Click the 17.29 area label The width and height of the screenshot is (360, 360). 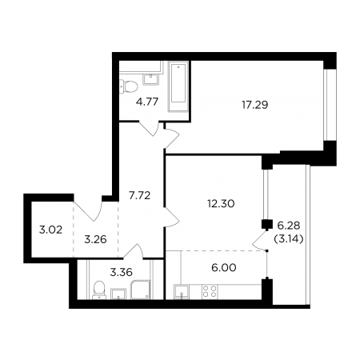(254, 105)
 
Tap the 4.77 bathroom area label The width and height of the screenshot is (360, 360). (147, 102)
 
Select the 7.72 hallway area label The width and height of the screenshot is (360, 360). (139, 196)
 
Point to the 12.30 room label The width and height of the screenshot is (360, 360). (221, 204)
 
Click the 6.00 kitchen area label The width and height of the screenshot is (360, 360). (224, 268)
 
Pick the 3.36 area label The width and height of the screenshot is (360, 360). (122, 272)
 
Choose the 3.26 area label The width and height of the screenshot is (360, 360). (95, 239)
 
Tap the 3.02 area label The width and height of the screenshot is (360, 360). (50, 230)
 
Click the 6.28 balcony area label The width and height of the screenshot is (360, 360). (289, 226)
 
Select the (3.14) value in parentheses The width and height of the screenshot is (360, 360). (289, 239)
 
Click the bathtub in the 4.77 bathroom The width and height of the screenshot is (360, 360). (178, 86)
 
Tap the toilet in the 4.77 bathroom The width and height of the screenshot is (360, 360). (128, 86)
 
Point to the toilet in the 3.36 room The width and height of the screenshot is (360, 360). (99, 290)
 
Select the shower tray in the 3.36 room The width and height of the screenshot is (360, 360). (140, 290)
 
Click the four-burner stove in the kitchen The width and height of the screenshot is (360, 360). (210, 291)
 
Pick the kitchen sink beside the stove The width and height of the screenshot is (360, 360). (182, 292)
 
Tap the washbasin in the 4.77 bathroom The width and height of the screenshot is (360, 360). (151, 79)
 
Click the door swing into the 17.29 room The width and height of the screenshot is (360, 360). (172, 138)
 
